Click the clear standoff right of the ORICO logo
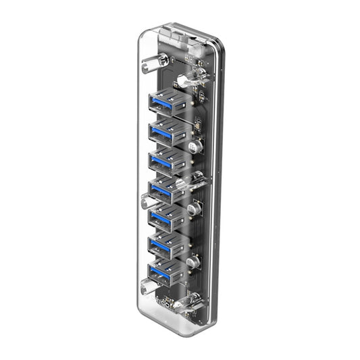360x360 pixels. click(181, 304)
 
